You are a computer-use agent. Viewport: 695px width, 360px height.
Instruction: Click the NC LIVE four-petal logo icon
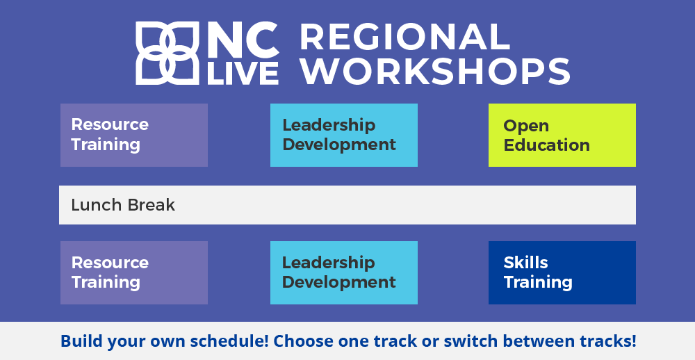pyautogui.click(x=167, y=53)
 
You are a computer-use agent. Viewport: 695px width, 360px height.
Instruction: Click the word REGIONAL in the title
pyautogui.click(x=405, y=38)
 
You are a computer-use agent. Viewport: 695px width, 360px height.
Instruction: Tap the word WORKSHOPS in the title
pyautogui.click(x=435, y=71)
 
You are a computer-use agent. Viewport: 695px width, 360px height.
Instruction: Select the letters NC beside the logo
pyautogui.click(x=243, y=40)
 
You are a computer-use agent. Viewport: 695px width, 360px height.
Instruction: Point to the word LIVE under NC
pyautogui.click(x=243, y=73)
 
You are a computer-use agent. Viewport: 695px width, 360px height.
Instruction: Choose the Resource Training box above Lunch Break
pyautogui.click(x=134, y=136)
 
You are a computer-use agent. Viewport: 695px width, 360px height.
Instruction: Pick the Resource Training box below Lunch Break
pyautogui.click(x=134, y=272)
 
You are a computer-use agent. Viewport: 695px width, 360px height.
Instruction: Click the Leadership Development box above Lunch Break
pyautogui.click(x=344, y=136)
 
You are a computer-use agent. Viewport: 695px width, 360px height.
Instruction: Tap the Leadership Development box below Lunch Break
pyautogui.click(x=344, y=272)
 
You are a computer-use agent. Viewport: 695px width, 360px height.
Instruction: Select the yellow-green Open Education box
pyautogui.click(x=562, y=136)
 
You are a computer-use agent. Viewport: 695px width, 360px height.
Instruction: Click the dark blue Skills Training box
pyautogui.click(x=562, y=272)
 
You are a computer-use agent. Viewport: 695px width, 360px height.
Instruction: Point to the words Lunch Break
pyautogui.click(x=123, y=205)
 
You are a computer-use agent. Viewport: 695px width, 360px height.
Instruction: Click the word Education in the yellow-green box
pyautogui.click(x=546, y=145)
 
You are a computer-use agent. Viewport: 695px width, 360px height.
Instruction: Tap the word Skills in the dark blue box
pyautogui.click(x=525, y=263)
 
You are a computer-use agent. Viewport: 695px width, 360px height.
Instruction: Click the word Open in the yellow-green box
pyautogui.click(x=526, y=126)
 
